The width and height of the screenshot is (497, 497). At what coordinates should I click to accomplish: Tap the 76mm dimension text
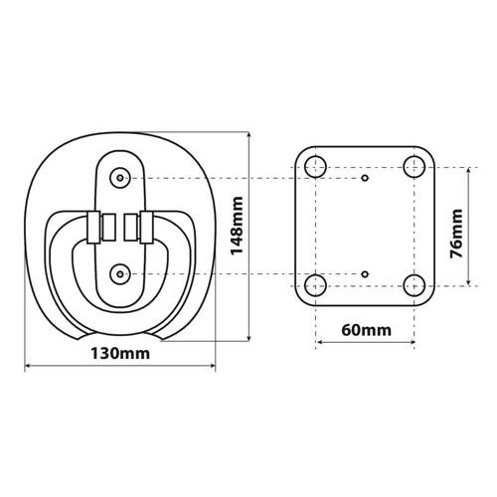(456, 232)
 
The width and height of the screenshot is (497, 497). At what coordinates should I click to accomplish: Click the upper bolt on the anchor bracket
(120, 177)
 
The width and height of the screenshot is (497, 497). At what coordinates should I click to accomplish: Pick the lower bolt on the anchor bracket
(120, 269)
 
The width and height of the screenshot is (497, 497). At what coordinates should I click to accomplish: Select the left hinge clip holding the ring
(95, 228)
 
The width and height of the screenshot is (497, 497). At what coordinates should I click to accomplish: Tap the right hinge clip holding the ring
(144, 228)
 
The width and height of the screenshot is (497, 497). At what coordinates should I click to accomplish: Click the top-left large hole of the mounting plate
(316, 165)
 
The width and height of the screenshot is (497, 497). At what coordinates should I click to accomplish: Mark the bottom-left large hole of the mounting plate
(316, 286)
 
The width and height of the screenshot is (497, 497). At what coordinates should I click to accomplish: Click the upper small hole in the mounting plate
(366, 178)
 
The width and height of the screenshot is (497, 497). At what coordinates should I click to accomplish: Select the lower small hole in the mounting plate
(366, 272)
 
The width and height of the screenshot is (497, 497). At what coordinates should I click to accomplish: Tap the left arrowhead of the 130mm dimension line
(27, 367)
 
